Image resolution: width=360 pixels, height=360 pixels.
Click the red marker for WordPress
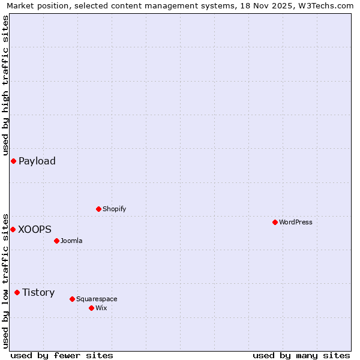tap(275, 222)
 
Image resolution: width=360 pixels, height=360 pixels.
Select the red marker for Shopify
tap(98, 209)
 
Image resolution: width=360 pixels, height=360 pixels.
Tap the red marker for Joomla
tap(56, 241)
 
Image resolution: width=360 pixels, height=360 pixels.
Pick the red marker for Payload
tap(13, 161)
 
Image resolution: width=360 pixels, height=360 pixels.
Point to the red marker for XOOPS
tap(13, 229)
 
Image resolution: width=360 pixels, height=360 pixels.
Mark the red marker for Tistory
tap(17, 292)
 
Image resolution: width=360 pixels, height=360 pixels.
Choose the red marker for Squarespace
tap(72, 299)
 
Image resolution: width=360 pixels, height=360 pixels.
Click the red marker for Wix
tap(91, 308)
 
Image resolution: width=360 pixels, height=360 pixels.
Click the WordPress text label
tap(296, 222)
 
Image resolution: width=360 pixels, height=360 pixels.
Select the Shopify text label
tap(114, 209)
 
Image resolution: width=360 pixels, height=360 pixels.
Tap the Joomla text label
tap(71, 241)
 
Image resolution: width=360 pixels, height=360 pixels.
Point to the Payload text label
tap(37, 161)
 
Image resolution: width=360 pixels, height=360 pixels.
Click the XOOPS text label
tap(35, 229)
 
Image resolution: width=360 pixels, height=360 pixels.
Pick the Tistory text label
tap(38, 292)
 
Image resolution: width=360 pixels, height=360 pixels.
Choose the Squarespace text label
tap(97, 299)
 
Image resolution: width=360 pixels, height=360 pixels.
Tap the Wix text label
tap(101, 308)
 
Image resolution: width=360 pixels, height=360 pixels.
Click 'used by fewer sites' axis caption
tap(62, 355)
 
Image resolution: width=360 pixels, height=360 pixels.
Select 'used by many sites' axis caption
tap(301, 355)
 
